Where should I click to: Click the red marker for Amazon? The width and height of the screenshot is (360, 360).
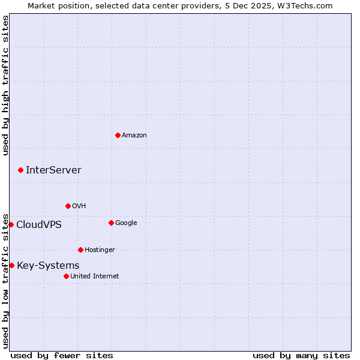pyautogui.click(x=118, y=135)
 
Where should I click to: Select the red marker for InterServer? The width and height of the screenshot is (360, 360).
pyautogui.click(x=20, y=170)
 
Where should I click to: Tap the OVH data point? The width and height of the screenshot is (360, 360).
pyautogui.click(x=68, y=206)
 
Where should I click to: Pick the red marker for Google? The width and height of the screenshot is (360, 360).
pyautogui.click(x=111, y=223)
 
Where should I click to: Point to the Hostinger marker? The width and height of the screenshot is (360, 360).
pyautogui.click(x=80, y=250)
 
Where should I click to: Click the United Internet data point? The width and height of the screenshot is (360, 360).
pyautogui.click(x=66, y=276)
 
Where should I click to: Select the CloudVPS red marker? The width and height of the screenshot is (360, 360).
pyautogui.click(x=11, y=224)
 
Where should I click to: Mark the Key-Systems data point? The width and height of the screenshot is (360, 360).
pyautogui.click(x=11, y=265)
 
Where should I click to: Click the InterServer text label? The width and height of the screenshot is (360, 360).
pyautogui.click(x=53, y=170)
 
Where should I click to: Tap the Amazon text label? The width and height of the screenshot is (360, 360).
pyautogui.click(x=134, y=136)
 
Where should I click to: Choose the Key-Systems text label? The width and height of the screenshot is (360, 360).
pyautogui.click(x=48, y=266)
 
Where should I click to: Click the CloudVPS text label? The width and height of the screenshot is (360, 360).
pyautogui.click(x=38, y=225)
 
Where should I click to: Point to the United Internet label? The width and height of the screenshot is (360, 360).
pyautogui.click(x=94, y=277)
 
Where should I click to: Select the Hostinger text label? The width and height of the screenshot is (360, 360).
pyautogui.click(x=100, y=250)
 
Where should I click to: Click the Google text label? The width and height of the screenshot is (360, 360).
pyautogui.click(x=126, y=223)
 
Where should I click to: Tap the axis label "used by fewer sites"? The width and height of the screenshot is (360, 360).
pyautogui.click(x=62, y=355)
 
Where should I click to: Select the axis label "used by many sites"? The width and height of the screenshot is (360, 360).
pyautogui.click(x=301, y=355)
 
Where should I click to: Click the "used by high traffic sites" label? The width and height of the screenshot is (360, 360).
pyautogui.click(x=5, y=86)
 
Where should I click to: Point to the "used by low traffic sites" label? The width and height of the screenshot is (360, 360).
pyautogui.click(x=5, y=280)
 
